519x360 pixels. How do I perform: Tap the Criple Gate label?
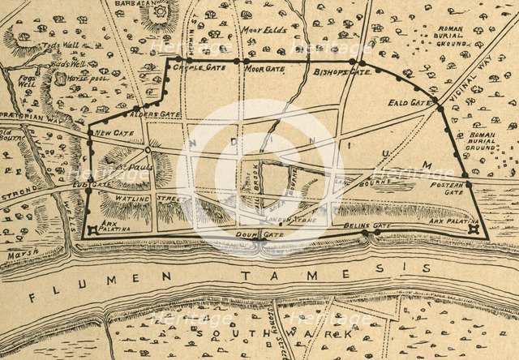(204, 68)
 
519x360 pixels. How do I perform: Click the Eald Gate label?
(411, 103)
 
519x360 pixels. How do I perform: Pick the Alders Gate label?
(157, 115)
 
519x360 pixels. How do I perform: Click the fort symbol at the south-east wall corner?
(473, 229)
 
